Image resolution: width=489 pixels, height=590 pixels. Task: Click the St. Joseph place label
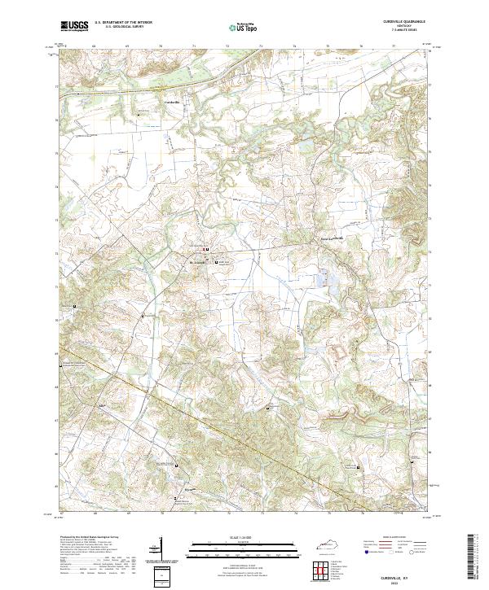pyautogui.click(x=199, y=262)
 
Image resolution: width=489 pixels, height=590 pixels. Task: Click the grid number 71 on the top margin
pyautogui.click(x=194, y=47)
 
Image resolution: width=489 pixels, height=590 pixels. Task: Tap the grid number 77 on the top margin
pyautogui.click(x=394, y=47)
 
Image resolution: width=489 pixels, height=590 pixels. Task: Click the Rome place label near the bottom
pyautogui.click(x=188, y=490)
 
